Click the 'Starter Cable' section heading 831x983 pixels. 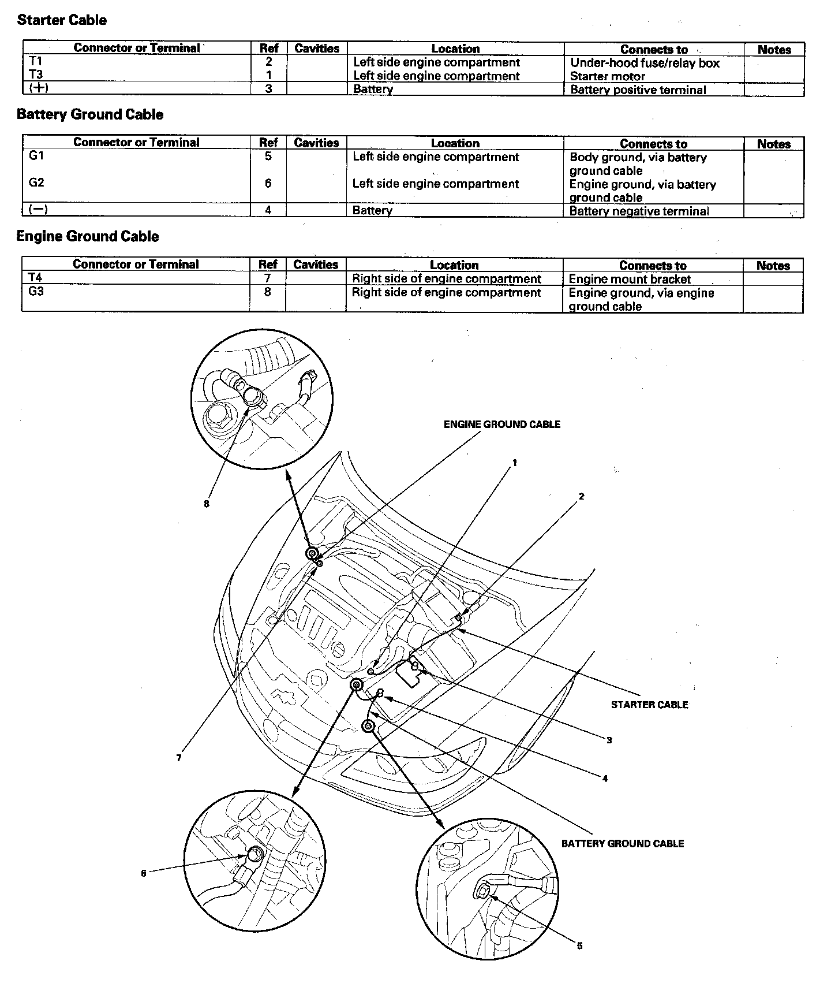click(62, 20)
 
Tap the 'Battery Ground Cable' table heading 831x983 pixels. click(90, 114)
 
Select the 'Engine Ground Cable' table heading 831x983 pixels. click(88, 236)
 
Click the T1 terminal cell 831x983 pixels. click(36, 62)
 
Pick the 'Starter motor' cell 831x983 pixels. click(608, 76)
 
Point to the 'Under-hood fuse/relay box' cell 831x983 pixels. click(645, 63)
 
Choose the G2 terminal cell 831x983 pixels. click(36, 183)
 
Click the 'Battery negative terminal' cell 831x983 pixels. click(639, 211)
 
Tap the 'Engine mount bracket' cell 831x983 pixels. click(630, 279)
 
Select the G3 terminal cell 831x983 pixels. click(36, 292)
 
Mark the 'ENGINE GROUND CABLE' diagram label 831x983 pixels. click(501, 425)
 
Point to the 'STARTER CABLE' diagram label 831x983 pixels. click(649, 705)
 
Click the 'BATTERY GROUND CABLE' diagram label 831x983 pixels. click(623, 844)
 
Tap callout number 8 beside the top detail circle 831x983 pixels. click(206, 504)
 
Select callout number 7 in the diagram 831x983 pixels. click(179, 758)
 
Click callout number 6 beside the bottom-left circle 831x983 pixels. click(144, 873)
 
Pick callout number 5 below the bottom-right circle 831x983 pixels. click(580, 946)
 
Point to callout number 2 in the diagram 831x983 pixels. click(582, 496)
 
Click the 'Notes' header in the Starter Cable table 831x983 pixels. click(774, 50)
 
